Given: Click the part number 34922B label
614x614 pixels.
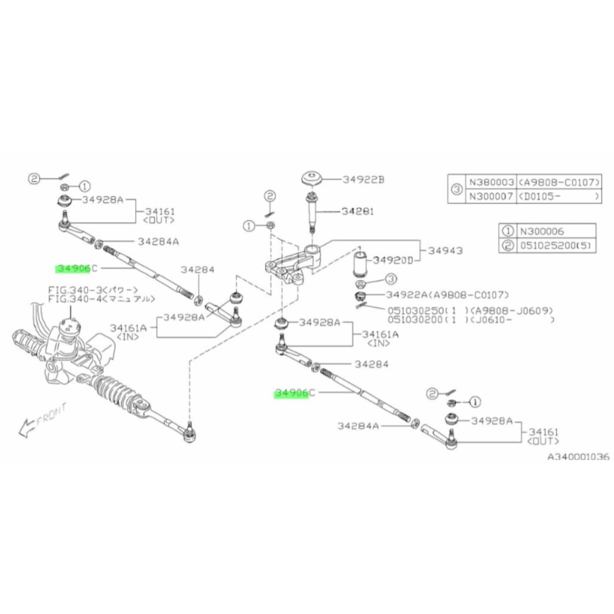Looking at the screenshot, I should tap(363, 180).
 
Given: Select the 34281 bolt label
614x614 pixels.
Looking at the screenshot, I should tap(358, 211).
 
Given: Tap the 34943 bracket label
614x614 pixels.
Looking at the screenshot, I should tap(445, 251).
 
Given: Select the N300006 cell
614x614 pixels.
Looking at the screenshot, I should tap(542, 231).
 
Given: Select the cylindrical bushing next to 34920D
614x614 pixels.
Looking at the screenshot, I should tap(360, 264).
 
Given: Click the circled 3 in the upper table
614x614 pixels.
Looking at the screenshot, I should tap(456, 189).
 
